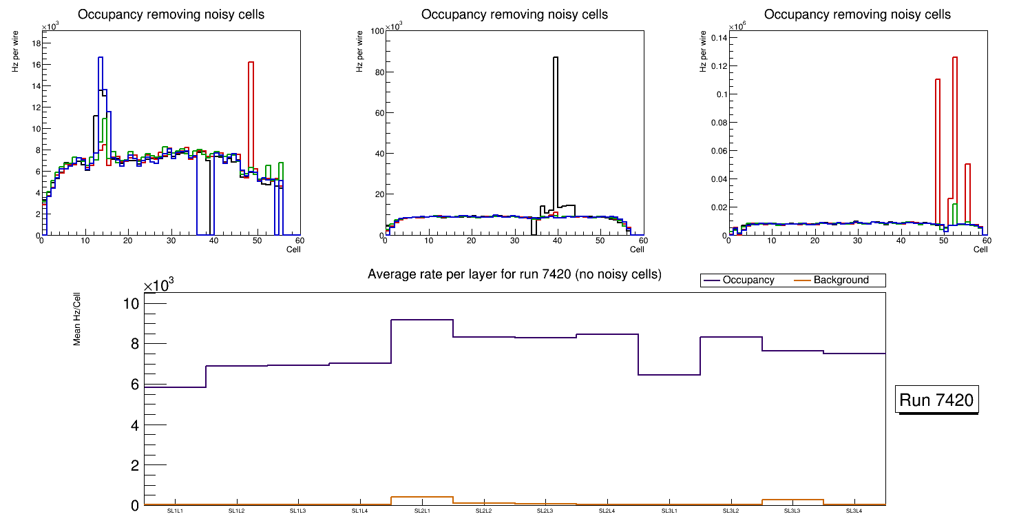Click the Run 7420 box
click(936, 400)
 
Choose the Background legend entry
click(840, 280)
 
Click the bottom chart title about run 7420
click(514, 274)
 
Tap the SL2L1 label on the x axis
click(422, 511)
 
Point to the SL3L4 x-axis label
click(854, 511)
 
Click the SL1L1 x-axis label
click(175, 511)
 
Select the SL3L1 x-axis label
click(669, 511)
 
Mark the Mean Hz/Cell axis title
click(78, 318)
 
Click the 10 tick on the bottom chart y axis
click(130, 304)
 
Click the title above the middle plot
click(514, 14)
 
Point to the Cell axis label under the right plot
click(980, 249)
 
